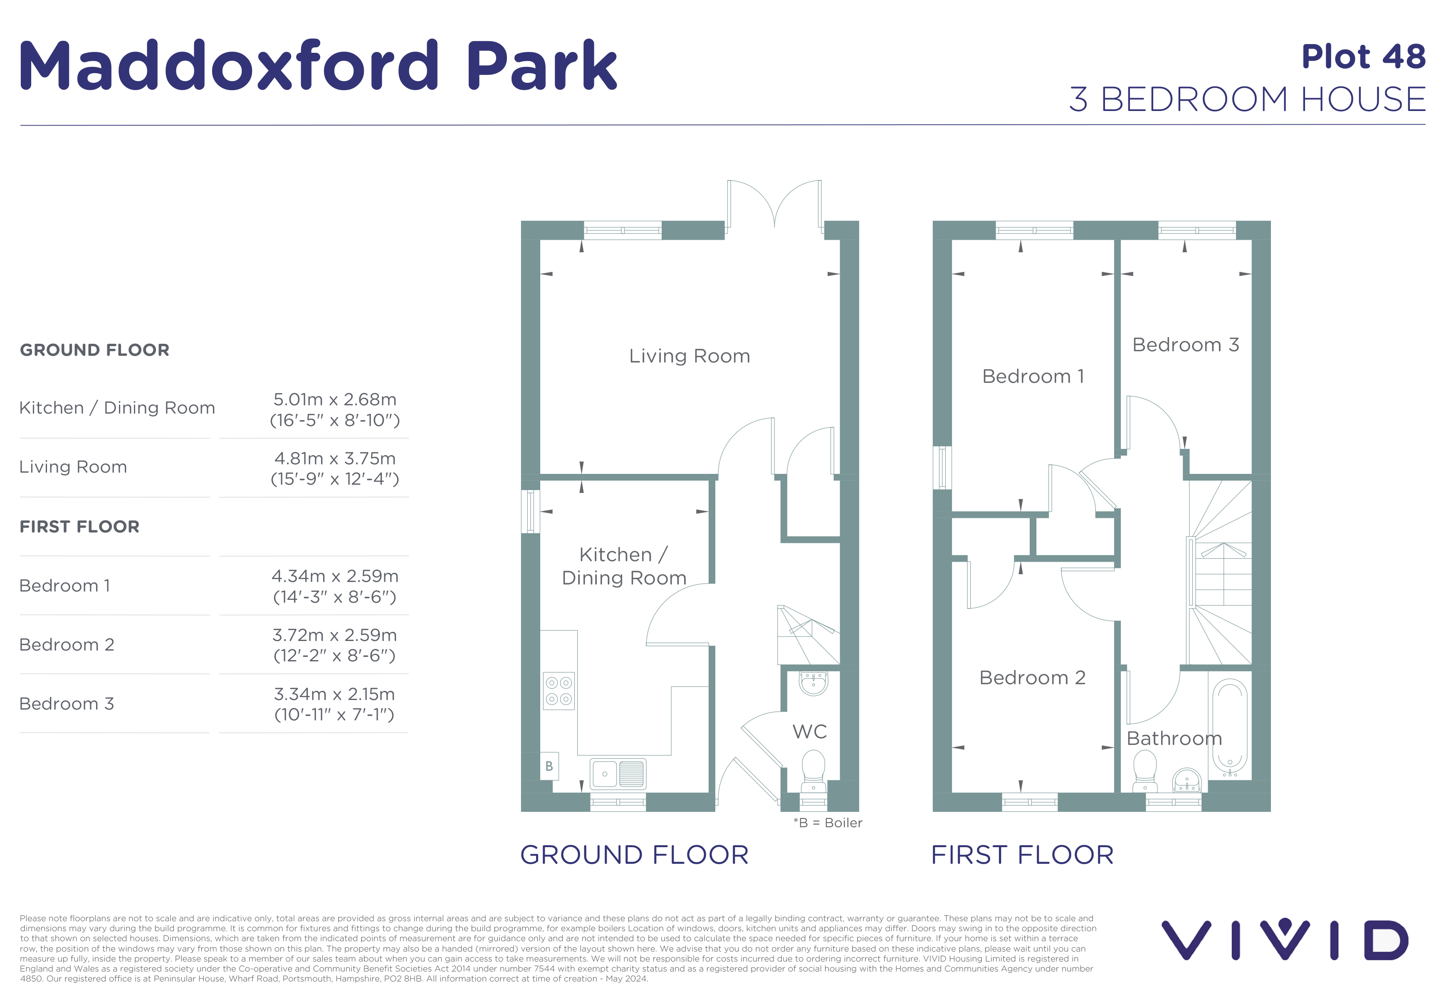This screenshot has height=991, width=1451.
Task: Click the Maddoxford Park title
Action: coord(319,65)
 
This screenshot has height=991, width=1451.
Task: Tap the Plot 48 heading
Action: coord(1364,57)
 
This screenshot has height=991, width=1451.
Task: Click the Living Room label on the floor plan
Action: coord(689,356)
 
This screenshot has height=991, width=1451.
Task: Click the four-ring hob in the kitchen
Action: coord(559,691)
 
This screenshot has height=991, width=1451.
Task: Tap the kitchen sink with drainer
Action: coord(618,774)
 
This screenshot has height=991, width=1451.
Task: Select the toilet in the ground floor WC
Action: coord(813,772)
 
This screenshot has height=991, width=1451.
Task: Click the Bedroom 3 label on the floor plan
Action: coord(1186,345)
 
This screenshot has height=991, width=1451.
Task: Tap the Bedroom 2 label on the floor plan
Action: coord(1033,677)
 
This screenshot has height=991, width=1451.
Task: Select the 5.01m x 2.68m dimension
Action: coord(335,399)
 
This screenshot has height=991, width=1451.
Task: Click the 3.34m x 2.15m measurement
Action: coord(335,694)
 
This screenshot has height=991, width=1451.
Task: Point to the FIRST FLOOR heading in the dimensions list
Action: coord(79,527)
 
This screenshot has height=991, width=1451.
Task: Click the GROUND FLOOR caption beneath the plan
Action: coord(634,855)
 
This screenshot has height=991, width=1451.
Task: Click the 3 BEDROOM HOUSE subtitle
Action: coord(1248,99)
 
